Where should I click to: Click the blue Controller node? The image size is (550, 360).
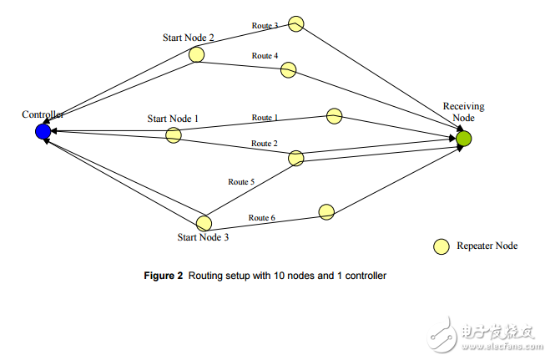(43, 131)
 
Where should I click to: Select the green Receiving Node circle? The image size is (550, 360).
(464, 139)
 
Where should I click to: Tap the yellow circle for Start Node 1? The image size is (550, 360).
(174, 134)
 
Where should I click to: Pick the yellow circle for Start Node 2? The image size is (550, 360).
(196, 55)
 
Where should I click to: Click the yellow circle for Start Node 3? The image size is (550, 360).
(204, 223)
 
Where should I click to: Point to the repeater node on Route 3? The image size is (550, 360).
(296, 23)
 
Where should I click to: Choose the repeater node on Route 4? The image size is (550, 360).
(288, 70)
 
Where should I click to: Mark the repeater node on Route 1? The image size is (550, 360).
(335, 115)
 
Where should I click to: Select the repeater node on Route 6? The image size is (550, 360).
(326, 212)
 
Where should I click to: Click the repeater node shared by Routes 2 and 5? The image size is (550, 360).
(296, 158)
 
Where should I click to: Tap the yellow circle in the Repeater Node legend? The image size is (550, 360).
(441, 246)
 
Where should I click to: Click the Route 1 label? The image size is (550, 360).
(265, 118)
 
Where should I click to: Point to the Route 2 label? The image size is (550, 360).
(265, 144)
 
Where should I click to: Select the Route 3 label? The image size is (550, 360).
(265, 26)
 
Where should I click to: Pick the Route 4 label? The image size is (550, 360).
(265, 56)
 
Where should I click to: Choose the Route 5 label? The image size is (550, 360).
(241, 181)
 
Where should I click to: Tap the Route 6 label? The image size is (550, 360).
(261, 218)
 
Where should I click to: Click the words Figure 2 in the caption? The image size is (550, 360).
(164, 276)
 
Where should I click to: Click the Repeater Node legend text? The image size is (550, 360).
(487, 246)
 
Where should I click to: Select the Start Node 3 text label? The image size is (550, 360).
(203, 237)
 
